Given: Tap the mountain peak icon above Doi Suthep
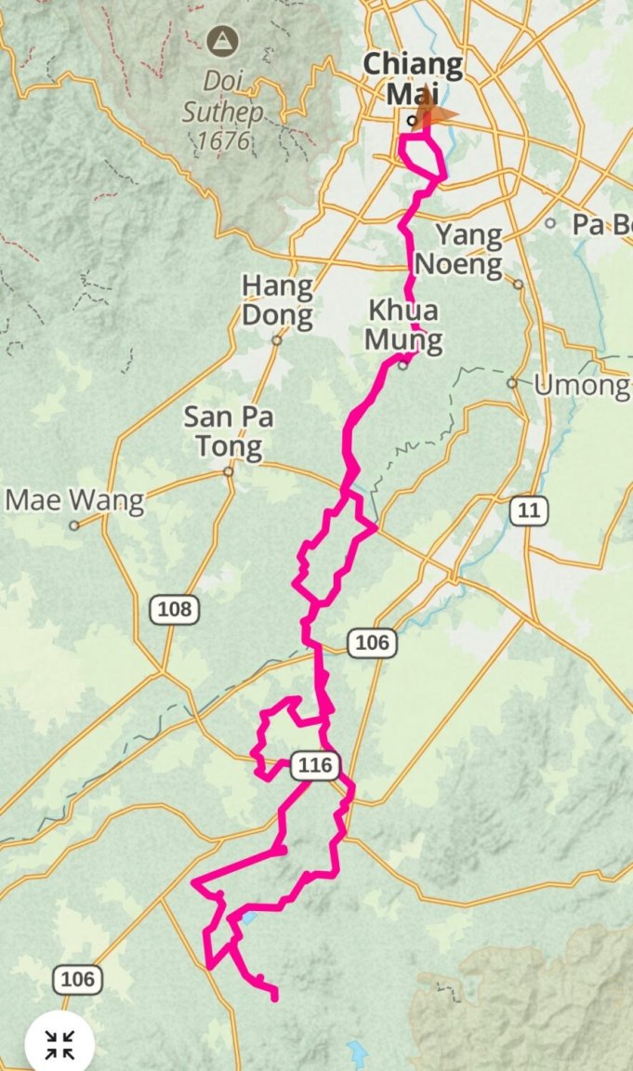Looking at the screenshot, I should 223,40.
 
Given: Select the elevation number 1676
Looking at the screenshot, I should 224,140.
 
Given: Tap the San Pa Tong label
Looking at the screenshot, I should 229,431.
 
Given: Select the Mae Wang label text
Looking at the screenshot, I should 75,501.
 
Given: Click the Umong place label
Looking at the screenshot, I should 581,386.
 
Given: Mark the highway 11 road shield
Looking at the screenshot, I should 529,509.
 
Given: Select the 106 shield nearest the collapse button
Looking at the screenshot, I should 77,978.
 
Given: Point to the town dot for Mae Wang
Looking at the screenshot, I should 74,524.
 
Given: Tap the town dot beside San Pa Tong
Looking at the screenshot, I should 228,471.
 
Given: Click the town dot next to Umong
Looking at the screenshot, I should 512,382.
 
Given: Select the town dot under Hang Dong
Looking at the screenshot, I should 277,340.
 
